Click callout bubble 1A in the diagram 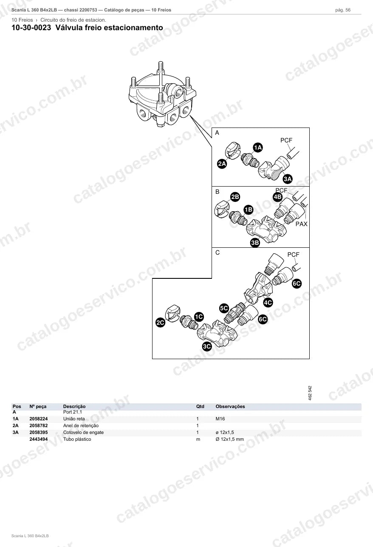pos(258,147)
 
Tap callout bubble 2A pos(222,164)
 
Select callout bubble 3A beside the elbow pos(288,179)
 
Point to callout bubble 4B pos(277,197)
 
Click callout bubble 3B pos(255,243)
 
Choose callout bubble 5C pos(224,308)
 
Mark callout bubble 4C pos(268,303)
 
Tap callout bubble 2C pos(161,323)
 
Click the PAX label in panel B pos(302,224)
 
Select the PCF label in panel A pos(286,140)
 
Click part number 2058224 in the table pos(39,419)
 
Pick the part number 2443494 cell pos(39,439)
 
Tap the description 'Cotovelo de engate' pos(84,433)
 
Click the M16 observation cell pos(220,419)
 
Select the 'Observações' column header pos(230,407)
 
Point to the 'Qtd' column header pos(200,407)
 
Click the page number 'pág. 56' pos(343,10)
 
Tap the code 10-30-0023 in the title pos(31,28)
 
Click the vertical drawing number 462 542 pos(310,393)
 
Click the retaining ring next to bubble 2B pos(222,209)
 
